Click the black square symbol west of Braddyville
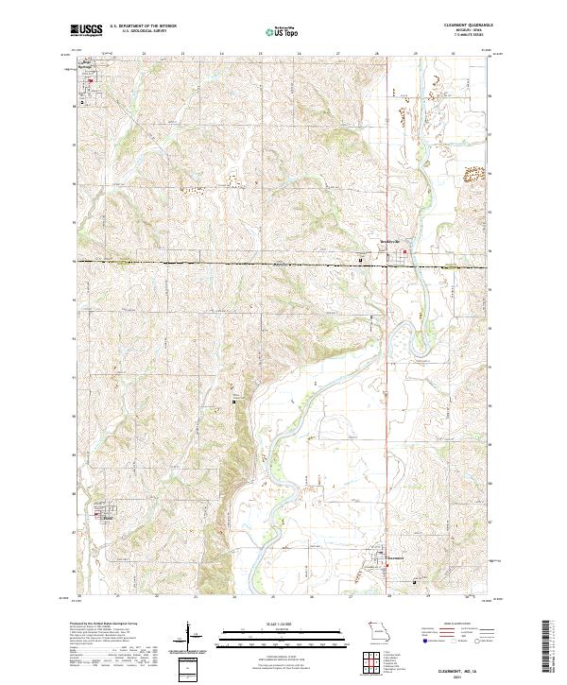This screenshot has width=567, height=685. [359, 258]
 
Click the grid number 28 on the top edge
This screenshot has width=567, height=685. [376, 52]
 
